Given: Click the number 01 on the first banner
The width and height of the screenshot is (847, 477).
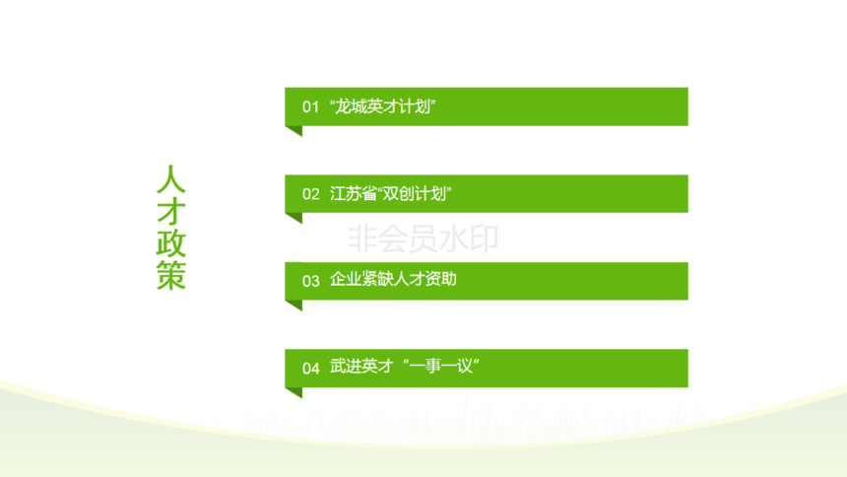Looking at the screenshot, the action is pyautogui.click(x=310, y=106).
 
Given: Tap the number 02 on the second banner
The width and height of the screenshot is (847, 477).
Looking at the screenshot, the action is pyautogui.click(x=310, y=193).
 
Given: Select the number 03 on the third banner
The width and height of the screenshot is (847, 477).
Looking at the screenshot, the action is pyautogui.click(x=310, y=281).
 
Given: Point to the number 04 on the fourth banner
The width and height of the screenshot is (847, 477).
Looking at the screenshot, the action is pyautogui.click(x=310, y=369).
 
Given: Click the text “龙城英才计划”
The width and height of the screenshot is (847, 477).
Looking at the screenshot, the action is pyautogui.click(x=383, y=106).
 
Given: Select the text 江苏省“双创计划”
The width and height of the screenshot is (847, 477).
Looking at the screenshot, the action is pyautogui.click(x=391, y=193).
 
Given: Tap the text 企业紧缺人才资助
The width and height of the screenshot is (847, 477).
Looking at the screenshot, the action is pyautogui.click(x=393, y=279).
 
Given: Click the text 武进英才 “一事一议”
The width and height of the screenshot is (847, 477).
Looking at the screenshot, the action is pyautogui.click(x=405, y=367).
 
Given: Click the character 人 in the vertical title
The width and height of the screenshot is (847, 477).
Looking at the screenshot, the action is pyautogui.click(x=171, y=179).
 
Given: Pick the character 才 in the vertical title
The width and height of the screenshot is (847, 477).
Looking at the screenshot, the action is pyautogui.click(x=171, y=212).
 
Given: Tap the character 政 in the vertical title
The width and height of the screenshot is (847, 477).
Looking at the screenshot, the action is pyautogui.click(x=171, y=243).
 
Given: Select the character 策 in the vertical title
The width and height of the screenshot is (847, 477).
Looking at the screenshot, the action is pyautogui.click(x=171, y=275).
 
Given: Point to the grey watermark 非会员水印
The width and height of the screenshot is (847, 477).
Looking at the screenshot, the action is pyautogui.click(x=423, y=238).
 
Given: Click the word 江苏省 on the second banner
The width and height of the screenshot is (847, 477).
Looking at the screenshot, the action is pyautogui.click(x=353, y=193).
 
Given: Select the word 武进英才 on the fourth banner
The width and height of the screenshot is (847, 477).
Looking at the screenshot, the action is pyautogui.click(x=361, y=367).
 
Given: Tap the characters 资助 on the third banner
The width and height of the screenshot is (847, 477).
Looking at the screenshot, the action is pyautogui.click(x=441, y=279).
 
